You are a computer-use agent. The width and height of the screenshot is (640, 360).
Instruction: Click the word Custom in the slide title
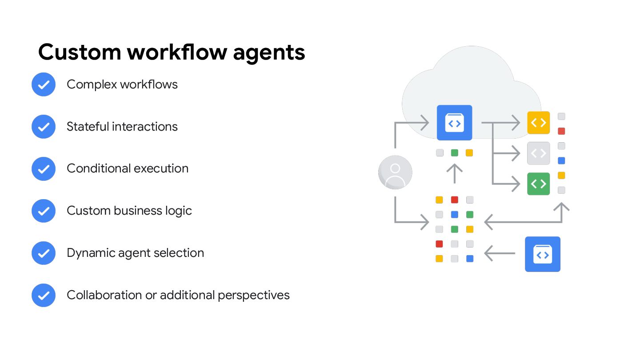coord(80,52)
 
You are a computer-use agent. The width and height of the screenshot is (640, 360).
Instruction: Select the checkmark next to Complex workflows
coord(44,84)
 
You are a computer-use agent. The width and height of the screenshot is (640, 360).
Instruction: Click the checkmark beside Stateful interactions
coord(44,127)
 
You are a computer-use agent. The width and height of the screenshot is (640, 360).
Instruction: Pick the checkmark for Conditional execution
coord(44,169)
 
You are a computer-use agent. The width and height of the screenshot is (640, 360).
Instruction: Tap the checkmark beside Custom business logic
coord(44,211)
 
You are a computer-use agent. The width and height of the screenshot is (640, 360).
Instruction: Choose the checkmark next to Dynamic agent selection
coord(44,253)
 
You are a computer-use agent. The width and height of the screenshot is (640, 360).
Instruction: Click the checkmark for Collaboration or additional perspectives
coord(44,295)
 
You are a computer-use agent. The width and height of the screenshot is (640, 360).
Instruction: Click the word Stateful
coord(88,127)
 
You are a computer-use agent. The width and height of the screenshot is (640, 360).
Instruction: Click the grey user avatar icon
coord(395,172)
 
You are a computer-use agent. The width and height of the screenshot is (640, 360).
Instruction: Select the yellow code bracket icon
coord(538,123)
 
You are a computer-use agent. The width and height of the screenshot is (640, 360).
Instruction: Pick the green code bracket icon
coord(538,184)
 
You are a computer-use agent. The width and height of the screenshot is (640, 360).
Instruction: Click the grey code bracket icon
coord(538,153)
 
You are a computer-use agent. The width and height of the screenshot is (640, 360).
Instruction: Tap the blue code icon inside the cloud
coord(454,123)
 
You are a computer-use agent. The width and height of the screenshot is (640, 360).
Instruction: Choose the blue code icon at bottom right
coord(542,254)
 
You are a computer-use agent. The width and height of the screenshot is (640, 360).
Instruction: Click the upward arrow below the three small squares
coord(454,173)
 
